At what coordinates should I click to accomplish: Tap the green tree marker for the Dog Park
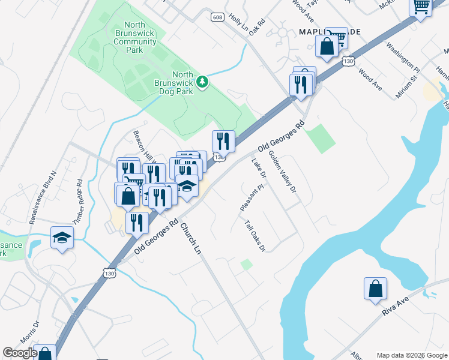click(x=203, y=81)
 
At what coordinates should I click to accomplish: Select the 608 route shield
click(x=217, y=17)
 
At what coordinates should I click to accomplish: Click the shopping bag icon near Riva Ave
click(x=375, y=289)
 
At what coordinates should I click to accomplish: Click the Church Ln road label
click(x=190, y=239)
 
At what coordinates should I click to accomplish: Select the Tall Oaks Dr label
click(x=255, y=236)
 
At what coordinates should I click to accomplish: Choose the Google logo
click(x=20, y=353)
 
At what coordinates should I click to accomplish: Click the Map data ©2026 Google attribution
click(x=411, y=355)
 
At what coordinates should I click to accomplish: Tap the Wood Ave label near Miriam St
click(x=370, y=80)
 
